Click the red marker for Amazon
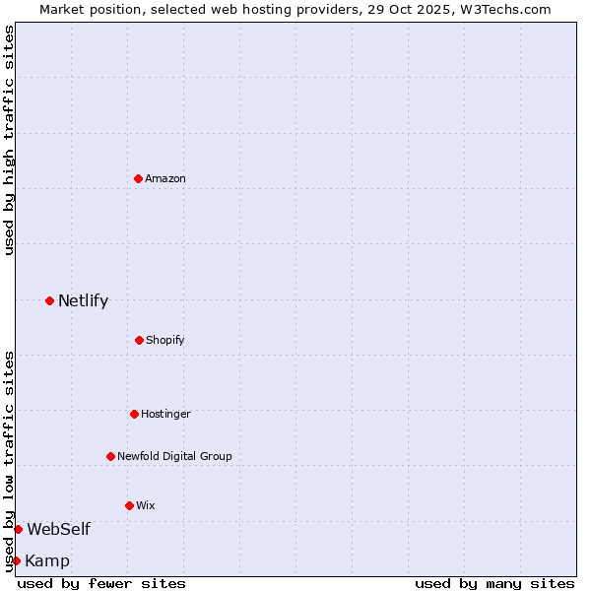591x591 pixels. (138, 178)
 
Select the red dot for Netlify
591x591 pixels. (49, 300)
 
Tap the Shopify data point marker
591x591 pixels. (139, 340)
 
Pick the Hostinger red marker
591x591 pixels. (134, 414)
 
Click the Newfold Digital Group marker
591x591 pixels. (110, 456)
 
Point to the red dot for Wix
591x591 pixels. (129, 505)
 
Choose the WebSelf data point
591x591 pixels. (18, 529)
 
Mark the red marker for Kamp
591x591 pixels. (16, 560)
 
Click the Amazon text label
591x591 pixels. (165, 178)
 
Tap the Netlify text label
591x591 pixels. (83, 301)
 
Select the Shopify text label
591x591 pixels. (165, 340)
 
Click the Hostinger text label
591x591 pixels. (165, 414)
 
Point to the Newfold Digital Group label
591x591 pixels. (174, 456)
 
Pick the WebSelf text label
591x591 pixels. (58, 529)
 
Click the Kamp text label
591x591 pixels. (47, 561)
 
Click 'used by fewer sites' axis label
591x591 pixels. (101, 583)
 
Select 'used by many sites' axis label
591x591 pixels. (494, 583)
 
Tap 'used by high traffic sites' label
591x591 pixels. (9, 140)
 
